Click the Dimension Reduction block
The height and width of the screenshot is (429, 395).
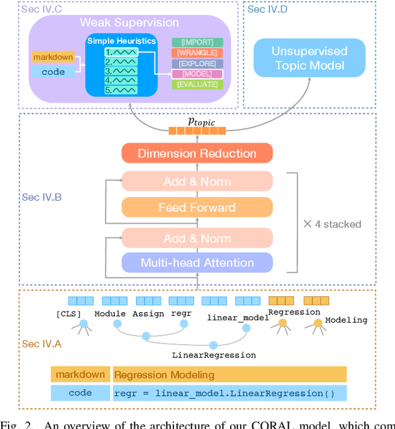[197, 153]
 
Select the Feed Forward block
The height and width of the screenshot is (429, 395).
[197, 208]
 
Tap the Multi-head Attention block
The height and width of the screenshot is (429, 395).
[197, 263]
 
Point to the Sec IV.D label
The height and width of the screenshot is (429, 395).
[267, 9]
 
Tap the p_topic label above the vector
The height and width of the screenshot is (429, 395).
[197, 122]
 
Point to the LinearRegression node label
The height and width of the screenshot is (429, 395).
[213, 355]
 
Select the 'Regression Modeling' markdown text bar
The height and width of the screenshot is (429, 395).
[229, 375]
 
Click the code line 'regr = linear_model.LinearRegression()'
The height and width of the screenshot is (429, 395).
[229, 393]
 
